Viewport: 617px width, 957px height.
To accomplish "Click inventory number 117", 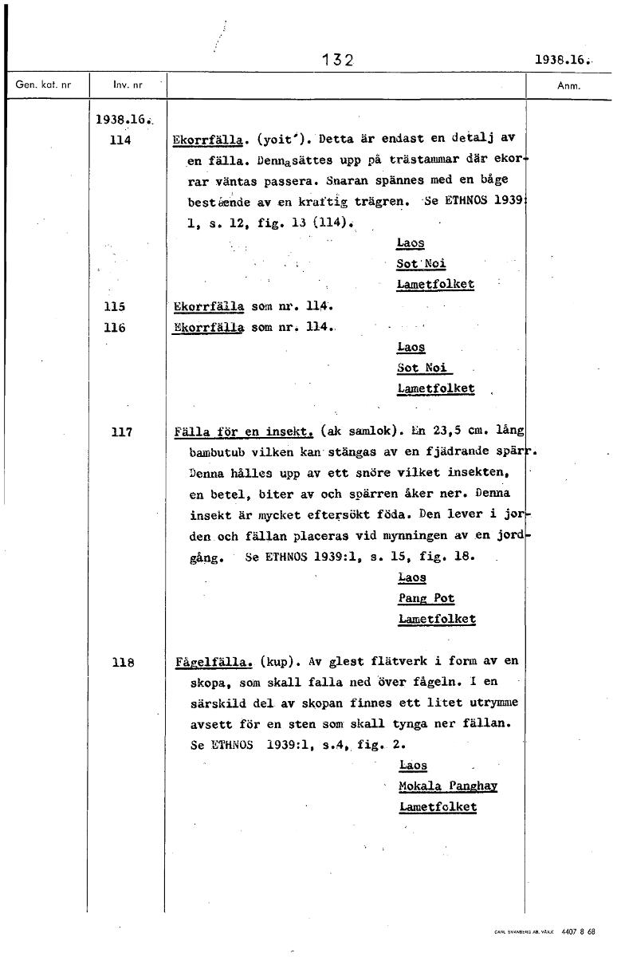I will (x=121, y=432).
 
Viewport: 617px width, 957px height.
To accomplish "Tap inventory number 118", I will (x=122, y=662).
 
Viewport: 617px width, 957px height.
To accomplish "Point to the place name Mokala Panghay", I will (x=437, y=786).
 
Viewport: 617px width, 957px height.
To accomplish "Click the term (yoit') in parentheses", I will (x=279, y=138).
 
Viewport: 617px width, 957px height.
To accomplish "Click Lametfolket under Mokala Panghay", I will (x=438, y=806).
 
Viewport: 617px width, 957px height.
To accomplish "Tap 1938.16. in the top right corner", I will (x=563, y=59).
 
